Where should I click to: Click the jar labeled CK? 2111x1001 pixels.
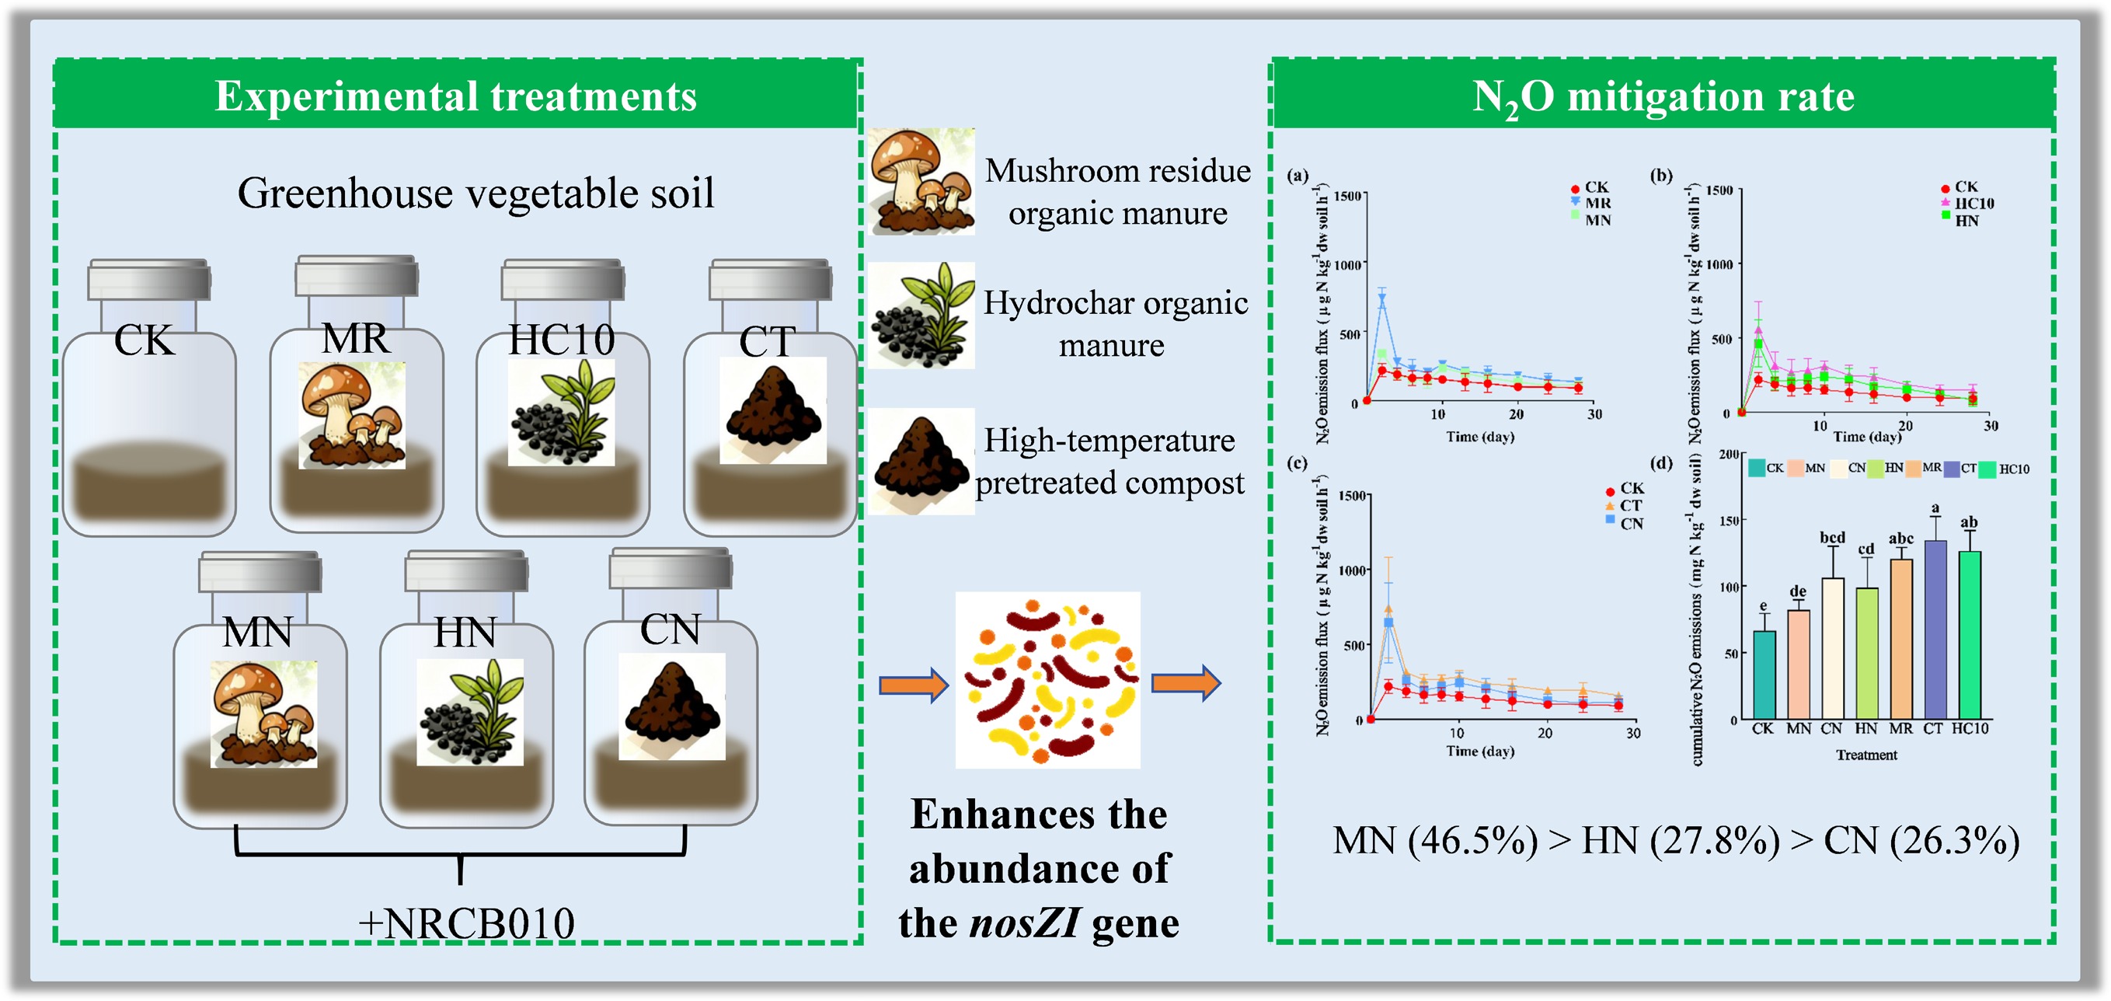coord(149,410)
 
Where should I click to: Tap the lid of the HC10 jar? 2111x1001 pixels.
coord(563,279)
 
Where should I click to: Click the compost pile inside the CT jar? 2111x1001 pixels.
coord(772,410)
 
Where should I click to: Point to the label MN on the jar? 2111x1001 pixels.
coord(257,632)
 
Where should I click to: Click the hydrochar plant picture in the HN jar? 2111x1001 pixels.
coord(469,712)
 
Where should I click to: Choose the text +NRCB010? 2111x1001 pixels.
coord(466,923)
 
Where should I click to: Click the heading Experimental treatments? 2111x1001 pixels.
coord(455,96)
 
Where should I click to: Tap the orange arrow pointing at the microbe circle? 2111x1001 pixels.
coord(913,684)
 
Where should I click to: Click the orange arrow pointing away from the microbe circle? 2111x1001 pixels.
coord(1186,682)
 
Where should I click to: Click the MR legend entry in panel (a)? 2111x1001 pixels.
coord(1597,203)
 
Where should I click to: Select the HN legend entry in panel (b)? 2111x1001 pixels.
coord(1965,220)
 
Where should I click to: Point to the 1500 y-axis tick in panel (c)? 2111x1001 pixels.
coord(1351,495)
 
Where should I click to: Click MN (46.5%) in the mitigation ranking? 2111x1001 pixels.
coord(1435,840)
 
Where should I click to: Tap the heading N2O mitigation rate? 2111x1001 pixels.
coord(1663,96)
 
